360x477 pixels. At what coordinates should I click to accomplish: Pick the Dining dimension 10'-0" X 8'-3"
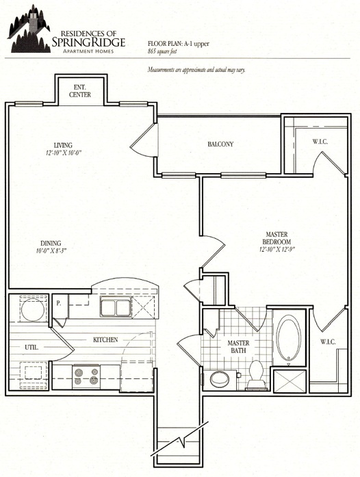pyautogui.click(x=51, y=250)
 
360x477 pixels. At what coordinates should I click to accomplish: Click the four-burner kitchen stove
pyautogui.click(x=88, y=374)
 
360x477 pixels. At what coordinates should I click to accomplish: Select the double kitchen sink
pyautogui.click(x=115, y=307)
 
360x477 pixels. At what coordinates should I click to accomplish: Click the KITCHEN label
pyautogui.click(x=106, y=339)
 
